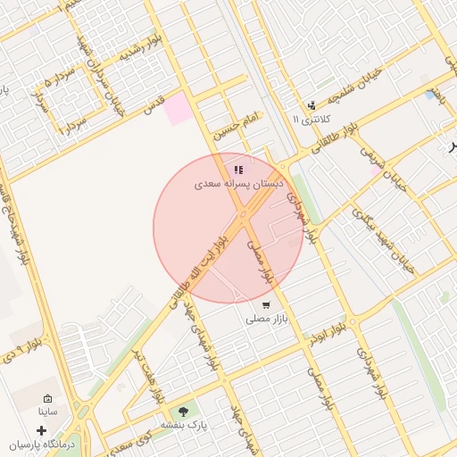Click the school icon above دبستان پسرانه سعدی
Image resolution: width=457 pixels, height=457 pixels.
[237, 169]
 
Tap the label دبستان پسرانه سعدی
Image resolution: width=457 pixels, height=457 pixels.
[238, 184]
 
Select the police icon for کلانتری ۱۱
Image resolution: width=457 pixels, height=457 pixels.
[311, 105]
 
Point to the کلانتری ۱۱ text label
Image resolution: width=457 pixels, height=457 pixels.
[312, 119]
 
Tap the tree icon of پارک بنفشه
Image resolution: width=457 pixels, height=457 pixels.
[184, 411]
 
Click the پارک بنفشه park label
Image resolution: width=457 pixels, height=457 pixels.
[183, 426]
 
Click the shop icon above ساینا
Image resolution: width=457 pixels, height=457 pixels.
[47, 399]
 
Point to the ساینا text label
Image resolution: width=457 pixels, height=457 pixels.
[47, 412]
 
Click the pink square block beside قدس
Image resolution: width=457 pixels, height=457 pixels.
[176, 108]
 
